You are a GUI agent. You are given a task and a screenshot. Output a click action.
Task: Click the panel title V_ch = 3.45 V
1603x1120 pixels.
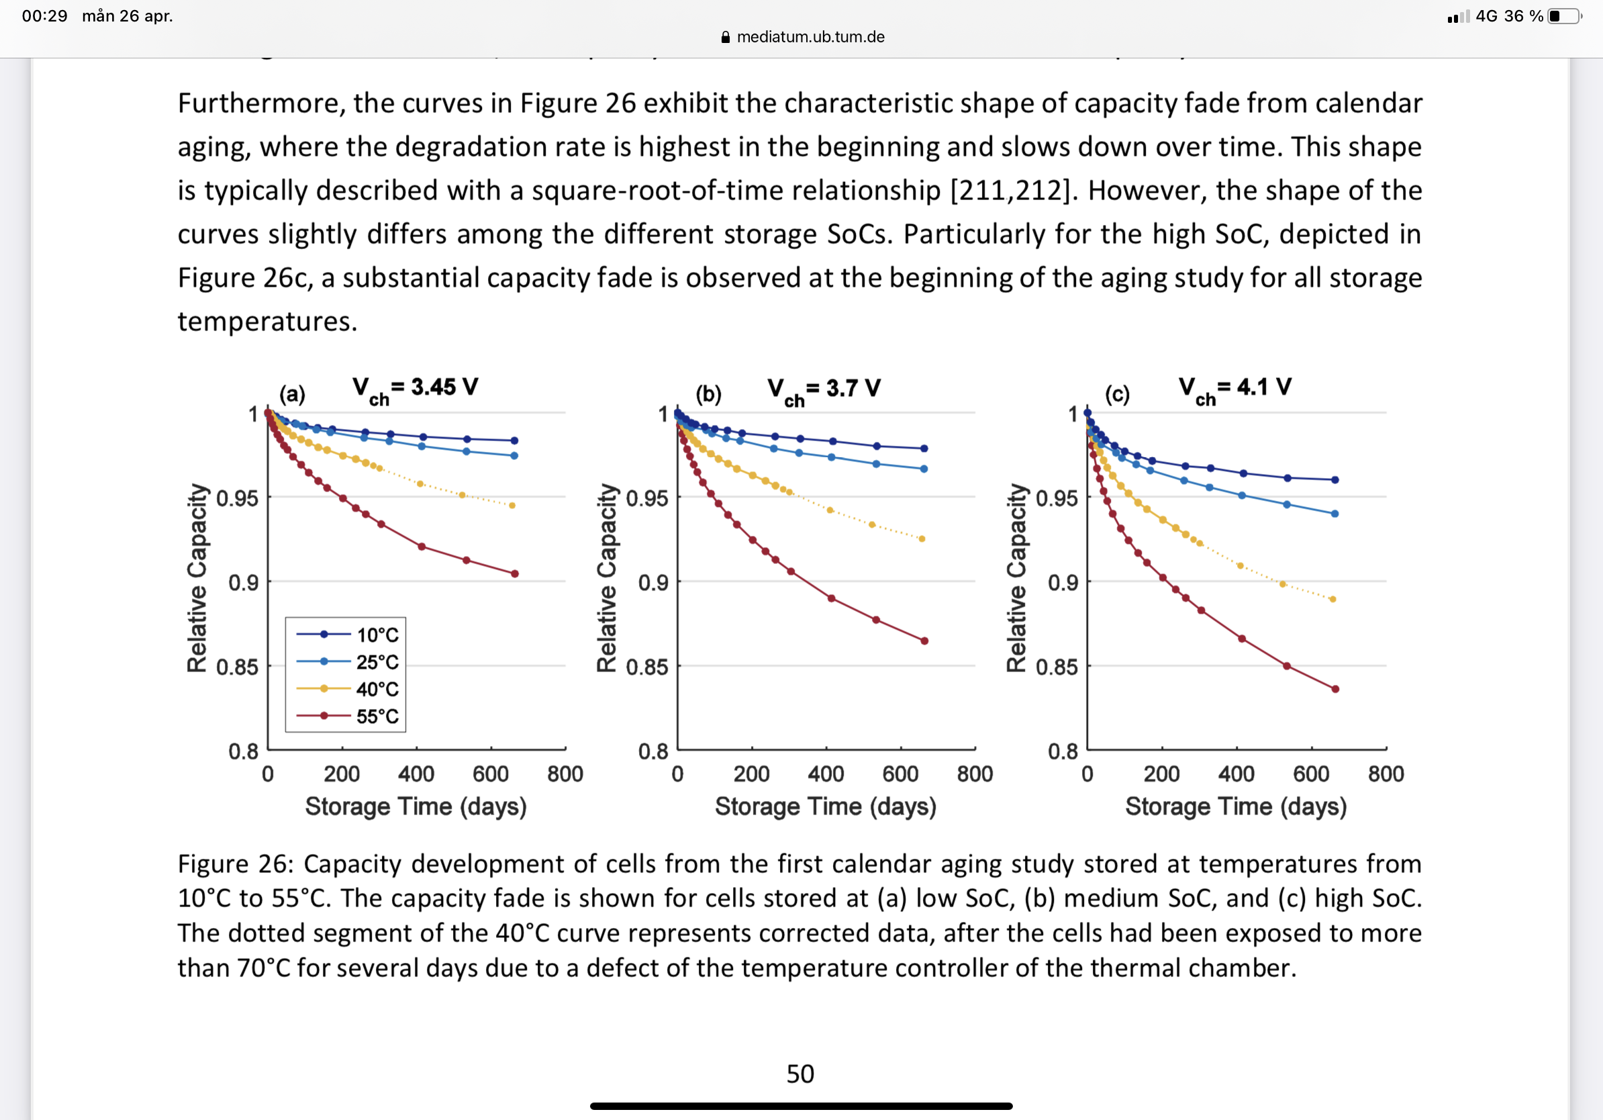pos(415,388)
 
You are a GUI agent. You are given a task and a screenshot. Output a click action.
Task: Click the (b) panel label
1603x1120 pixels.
pos(708,395)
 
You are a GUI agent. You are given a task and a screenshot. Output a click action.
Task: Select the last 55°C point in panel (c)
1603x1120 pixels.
pos(1335,689)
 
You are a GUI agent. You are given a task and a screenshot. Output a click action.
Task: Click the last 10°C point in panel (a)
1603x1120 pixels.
pos(515,440)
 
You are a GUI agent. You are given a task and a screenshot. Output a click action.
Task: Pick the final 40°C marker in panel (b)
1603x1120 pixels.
pos(922,539)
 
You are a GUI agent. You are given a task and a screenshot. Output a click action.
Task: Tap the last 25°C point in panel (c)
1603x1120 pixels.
pos(1335,514)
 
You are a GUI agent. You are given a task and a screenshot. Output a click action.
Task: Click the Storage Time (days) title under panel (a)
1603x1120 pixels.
pos(416,806)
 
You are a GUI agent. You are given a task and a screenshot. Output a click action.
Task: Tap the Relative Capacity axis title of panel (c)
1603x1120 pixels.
pos(1016,578)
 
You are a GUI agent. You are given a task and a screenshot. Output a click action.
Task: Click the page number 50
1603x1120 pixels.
pos(800,1074)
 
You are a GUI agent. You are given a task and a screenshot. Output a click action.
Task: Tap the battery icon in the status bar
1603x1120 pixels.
pos(1564,16)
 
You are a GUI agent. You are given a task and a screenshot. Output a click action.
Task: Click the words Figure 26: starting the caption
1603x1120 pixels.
pos(234,864)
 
